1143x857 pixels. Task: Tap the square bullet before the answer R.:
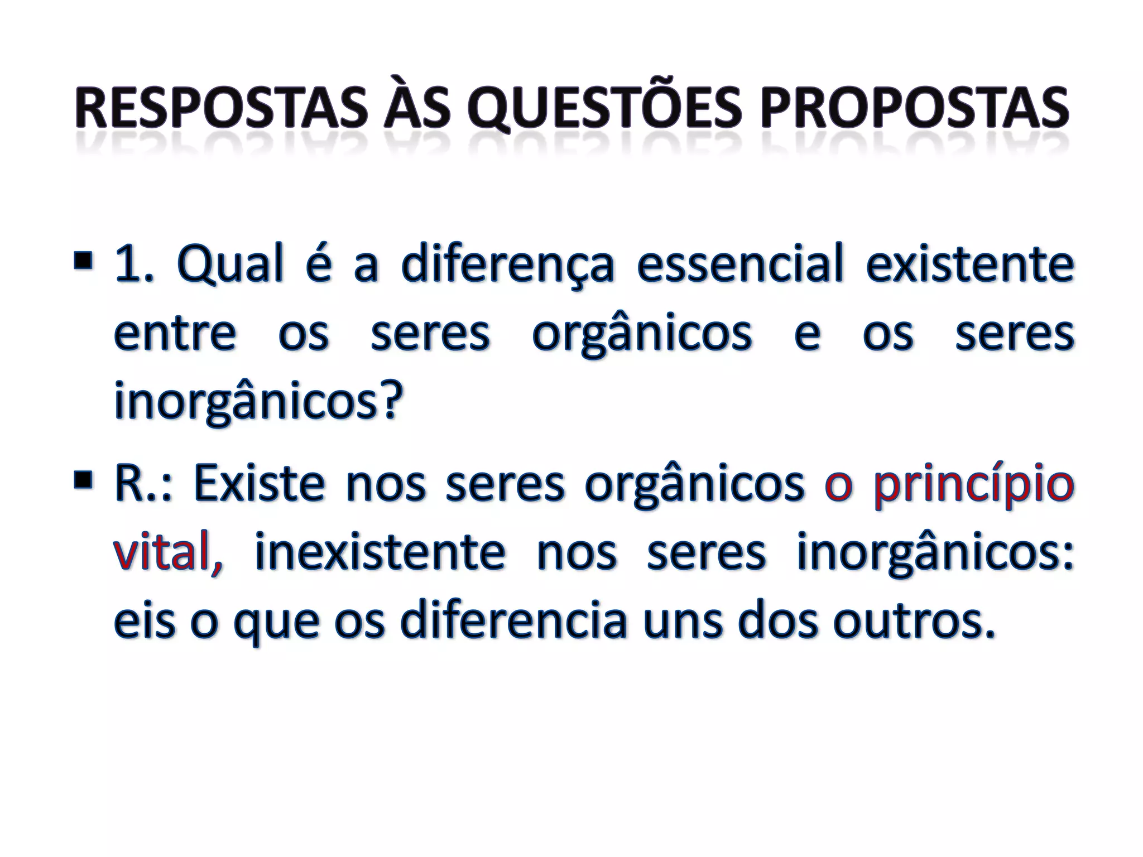pos(83,478)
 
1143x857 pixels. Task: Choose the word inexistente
pos(380,552)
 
